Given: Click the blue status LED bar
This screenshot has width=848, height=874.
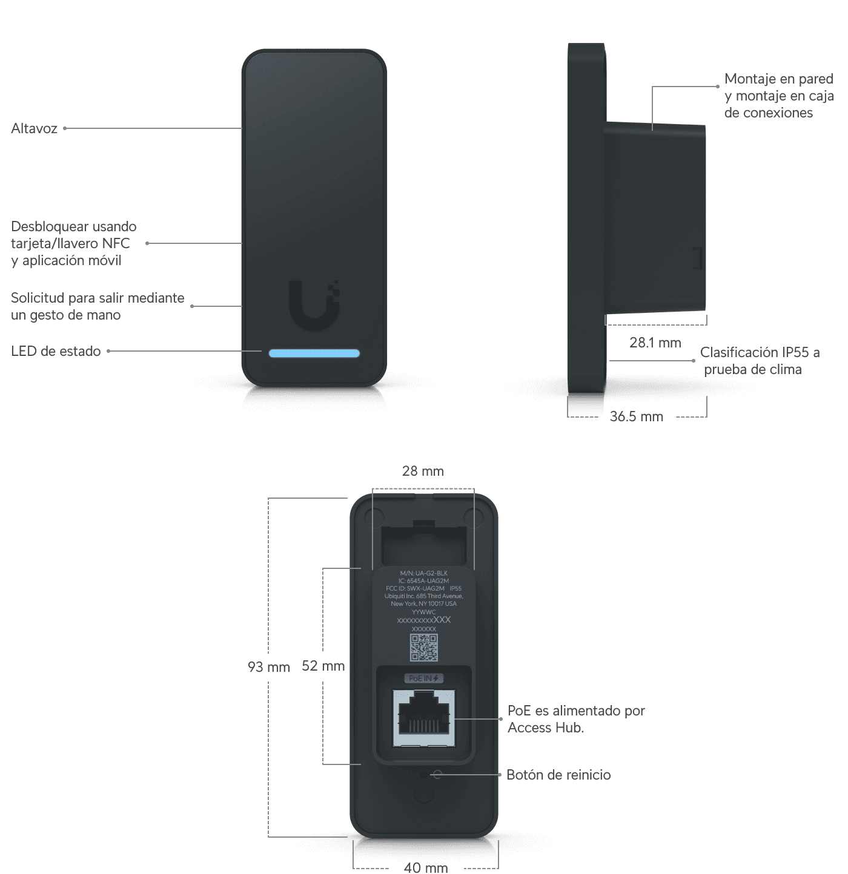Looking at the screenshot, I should coord(314,353).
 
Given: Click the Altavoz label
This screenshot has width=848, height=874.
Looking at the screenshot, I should coord(35,128).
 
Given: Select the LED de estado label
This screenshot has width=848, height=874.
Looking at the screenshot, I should coord(56,351).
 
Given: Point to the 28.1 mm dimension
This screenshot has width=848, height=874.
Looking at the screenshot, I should coord(655,343).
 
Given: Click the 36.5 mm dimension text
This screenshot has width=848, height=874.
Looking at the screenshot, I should coord(637,416).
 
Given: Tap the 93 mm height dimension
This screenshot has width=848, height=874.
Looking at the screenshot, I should coord(268,666).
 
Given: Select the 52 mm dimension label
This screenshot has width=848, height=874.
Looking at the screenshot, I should coord(323,666).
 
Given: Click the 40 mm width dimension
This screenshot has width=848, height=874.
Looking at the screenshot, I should coord(426,867).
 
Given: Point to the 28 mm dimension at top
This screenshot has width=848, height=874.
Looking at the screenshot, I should coord(423,471).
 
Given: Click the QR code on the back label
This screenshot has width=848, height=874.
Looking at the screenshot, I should coord(424,648).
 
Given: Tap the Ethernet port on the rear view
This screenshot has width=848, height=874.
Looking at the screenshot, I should coord(424,718).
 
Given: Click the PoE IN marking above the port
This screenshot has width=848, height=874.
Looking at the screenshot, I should coord(424,678).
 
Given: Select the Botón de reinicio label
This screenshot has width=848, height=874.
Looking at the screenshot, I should coord(558,775).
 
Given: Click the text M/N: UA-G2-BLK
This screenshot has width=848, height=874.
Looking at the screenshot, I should coord(424,573).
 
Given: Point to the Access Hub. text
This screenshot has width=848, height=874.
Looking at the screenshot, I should coord(546,728).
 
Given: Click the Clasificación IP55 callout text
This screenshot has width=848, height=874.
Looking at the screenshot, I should coord(760,353).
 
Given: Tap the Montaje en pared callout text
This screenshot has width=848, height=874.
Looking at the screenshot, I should coord(778,79).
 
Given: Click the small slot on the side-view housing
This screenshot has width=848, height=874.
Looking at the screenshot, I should coord(697,258).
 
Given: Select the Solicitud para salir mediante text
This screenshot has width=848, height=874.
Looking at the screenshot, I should coord(98,298).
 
